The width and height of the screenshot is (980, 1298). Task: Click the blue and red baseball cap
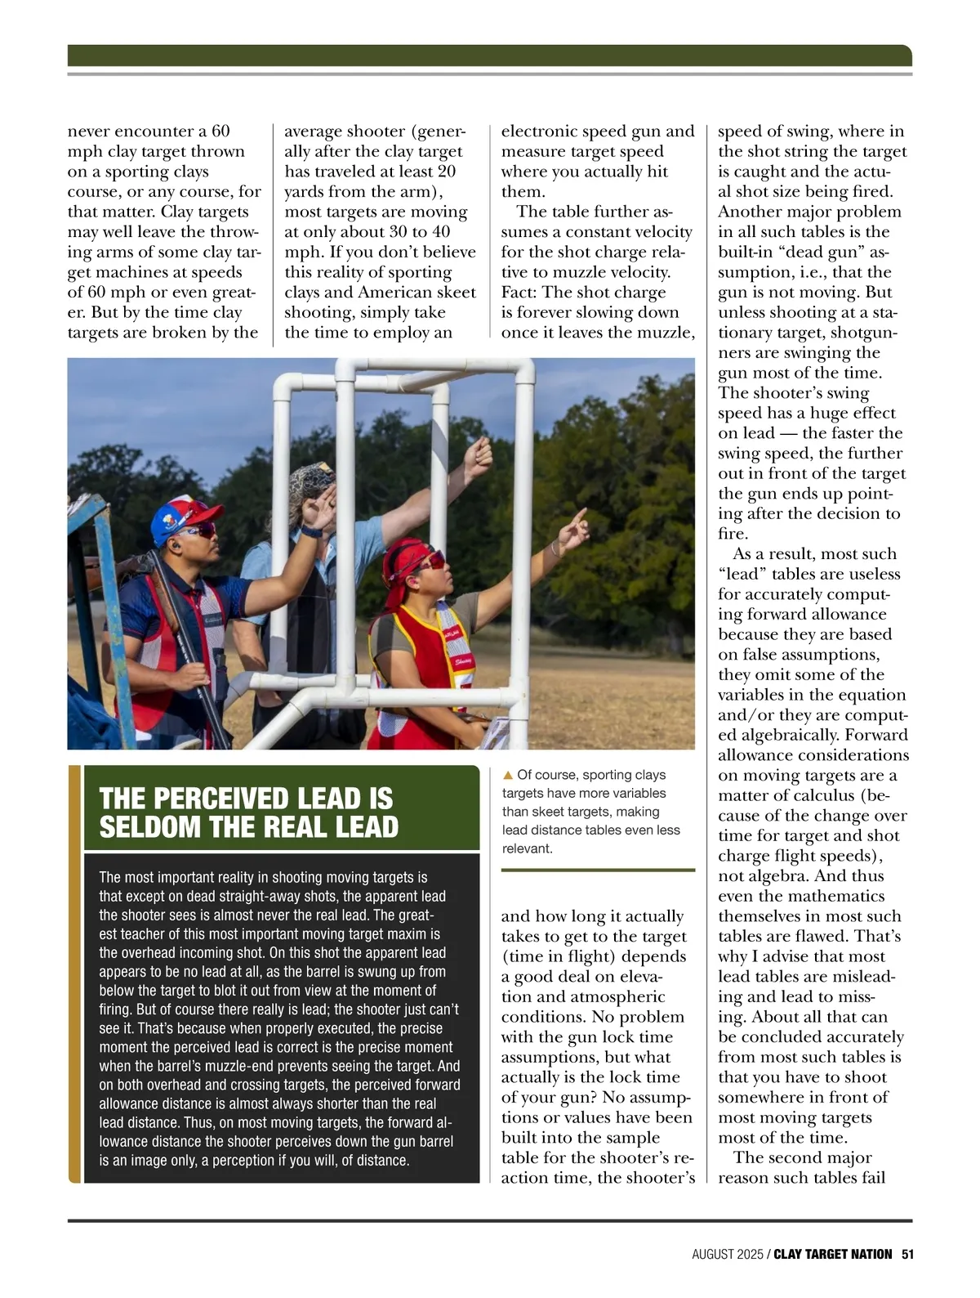[x=184, y=514]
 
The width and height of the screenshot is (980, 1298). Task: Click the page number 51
[x=906, y=1254]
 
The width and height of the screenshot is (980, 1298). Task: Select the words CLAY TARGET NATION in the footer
[x=832, y=1254]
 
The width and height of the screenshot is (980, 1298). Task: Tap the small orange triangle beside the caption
[x=507, y=775]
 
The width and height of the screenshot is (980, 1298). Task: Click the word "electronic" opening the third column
[x=539, y=132]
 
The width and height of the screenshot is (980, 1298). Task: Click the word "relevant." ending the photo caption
[x=528, y=848]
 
